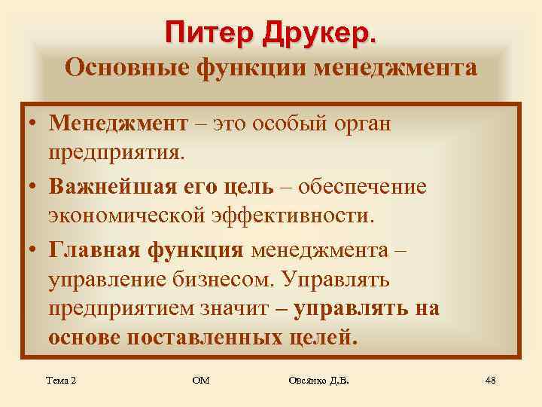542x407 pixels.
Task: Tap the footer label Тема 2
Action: pyautogui.click(x=61, y=381)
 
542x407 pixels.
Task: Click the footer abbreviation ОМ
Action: pyautogui.click(x=201, y=381)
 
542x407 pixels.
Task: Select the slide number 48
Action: pyautogui.click(x=490, y=381)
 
